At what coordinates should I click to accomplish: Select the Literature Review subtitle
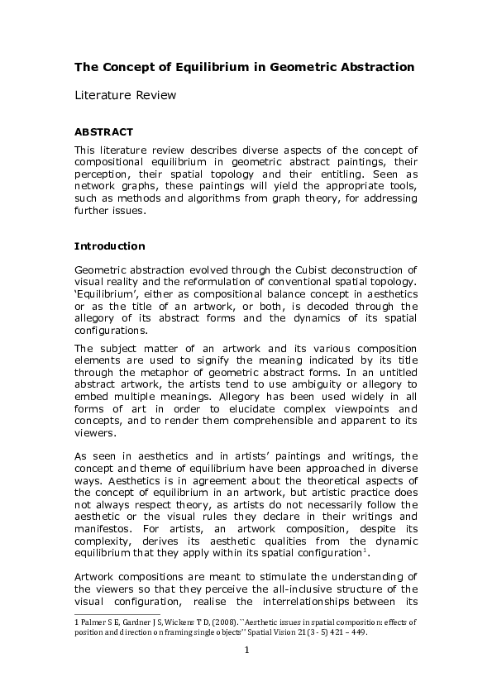click(126, 96)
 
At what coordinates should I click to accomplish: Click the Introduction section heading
click(110, 246)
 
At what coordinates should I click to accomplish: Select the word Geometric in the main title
click(302, 65)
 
